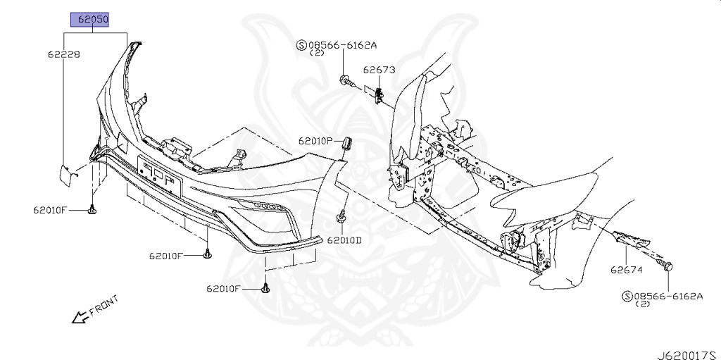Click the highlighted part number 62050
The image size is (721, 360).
point(89,20)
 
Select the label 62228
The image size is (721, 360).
point(63,54)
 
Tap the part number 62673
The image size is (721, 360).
point(380,70)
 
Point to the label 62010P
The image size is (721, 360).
point(315,141)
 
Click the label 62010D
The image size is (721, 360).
point(344,240)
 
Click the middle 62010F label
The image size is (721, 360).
point(165,256)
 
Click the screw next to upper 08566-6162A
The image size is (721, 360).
point(346,80)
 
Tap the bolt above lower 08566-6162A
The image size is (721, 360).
point(667,266)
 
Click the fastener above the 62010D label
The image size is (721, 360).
point(341,217)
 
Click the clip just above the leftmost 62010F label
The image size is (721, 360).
point(92,209)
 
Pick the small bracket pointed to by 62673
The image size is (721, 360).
point(379,94)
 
